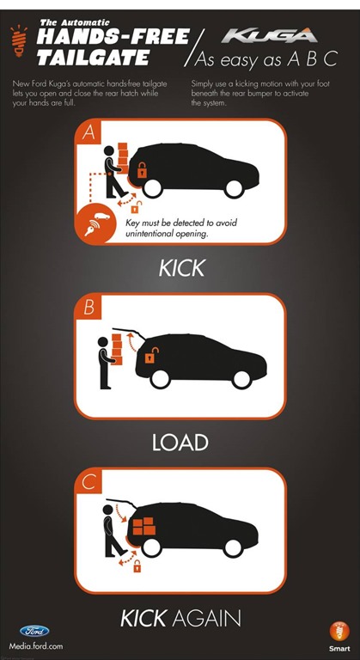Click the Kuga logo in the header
click(270, 35)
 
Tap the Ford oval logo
click(34, 631)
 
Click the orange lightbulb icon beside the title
click(19, 41)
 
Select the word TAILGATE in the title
click(93, 57)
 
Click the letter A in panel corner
click(88, 133)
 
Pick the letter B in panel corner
click(88, 309)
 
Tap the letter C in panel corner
click(88, 482)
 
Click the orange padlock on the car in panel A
click(143, 169)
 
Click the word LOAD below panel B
click(180, 443)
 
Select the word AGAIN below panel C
click(206, 619)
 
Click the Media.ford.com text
click(36, 645)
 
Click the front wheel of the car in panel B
click(241, 379)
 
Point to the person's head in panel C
click(107, 510)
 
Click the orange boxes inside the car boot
click(144, 526)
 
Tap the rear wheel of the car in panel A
click(152, 188)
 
